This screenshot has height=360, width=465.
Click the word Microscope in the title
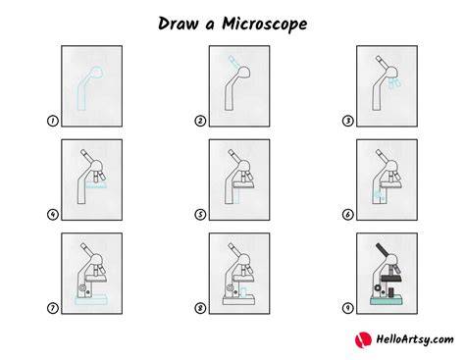click(x=265, y=24)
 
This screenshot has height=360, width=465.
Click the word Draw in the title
click(x=179, y=24)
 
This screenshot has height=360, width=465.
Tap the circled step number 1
click(x=53, y=121)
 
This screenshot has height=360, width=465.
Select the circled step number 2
click(x=200, y=121)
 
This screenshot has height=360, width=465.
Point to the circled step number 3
click(x=347, y=121)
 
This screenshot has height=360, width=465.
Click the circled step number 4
click(x=53, y=215)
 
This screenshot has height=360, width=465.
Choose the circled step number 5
click(x=200, y=215)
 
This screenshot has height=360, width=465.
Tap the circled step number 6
click(x=347, y=215)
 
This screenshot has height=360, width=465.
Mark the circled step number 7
click(x=53, y=308)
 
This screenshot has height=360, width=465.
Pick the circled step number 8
click(x=200, y=308)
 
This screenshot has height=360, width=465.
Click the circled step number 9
click(x=347, y=308)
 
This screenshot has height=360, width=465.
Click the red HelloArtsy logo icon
click(x=363, y=339)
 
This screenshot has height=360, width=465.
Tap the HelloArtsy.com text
click(x=415, y=339)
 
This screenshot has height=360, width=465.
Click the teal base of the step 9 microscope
click(x=387, y=300)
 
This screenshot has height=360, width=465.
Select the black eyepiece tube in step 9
click(x=382, y=250)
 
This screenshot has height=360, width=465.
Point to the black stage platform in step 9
click(x=391, y=279)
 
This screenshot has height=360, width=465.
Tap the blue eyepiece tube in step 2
click(x=232, y=60)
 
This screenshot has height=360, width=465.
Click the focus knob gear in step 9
click(x=378, y=287)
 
